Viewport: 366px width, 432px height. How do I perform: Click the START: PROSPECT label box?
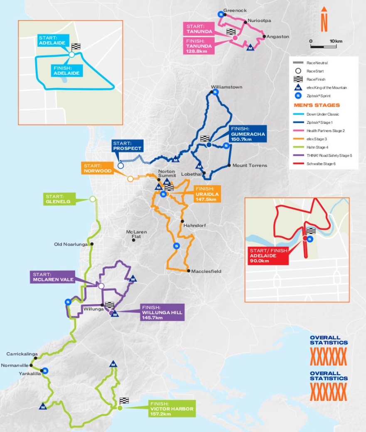(127, 145)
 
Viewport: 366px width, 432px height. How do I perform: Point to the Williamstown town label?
(226, 87)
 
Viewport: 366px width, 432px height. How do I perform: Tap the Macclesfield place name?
(206, 271)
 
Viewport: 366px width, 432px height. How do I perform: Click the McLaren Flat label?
(133, 234)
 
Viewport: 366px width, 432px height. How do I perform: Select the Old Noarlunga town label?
(71, 244)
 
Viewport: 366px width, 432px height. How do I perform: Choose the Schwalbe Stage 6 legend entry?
(322, 164)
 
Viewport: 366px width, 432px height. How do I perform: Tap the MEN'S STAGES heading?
(317, 105)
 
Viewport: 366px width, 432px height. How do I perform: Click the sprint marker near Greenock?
(221, 14)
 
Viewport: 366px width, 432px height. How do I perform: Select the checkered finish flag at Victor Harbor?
(124, 400)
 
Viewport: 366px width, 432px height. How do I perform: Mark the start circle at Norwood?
(130, 179)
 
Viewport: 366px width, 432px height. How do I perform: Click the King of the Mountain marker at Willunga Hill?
(115, 314)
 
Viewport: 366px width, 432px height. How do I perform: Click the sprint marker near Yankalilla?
(46, 371)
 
